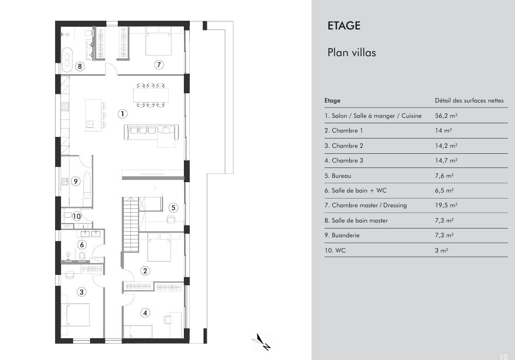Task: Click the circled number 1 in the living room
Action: [123, 114]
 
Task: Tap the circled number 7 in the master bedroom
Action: [159, 65]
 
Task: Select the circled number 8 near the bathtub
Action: [80, 67]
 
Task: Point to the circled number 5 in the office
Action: [173, 208]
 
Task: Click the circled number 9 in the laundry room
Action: [76, 181]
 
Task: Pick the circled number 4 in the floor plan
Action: [145, 313]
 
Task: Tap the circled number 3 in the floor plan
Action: [81, 292]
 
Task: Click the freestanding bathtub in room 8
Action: [67, 60]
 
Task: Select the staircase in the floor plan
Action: [130, 225]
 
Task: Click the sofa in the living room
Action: [152, 132]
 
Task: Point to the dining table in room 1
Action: [151, 95]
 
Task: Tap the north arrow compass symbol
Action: [262, 342]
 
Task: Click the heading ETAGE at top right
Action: [344, 26]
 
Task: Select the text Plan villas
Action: [351, 52]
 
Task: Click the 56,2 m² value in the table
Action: [446, 116]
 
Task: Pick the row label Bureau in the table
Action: [342, 176]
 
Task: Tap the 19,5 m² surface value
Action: [446, 205]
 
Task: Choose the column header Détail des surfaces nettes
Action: [469, 100]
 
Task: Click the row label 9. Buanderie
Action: [342, 235]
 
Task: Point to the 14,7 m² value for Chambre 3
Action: [446, 160]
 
